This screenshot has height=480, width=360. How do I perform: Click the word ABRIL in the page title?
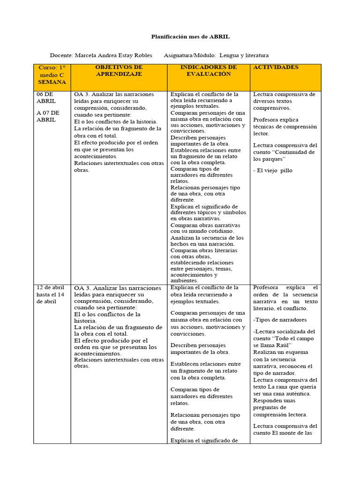219,37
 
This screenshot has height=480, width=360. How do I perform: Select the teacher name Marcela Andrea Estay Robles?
113,55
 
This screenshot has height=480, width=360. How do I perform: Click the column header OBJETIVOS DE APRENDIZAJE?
119,71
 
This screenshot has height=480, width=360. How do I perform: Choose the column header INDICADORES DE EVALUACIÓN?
208,71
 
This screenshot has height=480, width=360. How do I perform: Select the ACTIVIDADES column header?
276,67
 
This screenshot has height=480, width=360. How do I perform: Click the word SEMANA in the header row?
52,82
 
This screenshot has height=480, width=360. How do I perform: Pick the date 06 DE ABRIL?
46,97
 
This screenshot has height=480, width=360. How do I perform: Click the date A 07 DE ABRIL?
48,116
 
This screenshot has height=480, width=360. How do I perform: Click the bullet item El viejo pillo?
274,171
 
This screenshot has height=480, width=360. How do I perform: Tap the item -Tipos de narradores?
280,320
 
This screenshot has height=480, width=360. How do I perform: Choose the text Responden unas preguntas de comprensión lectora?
280,407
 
